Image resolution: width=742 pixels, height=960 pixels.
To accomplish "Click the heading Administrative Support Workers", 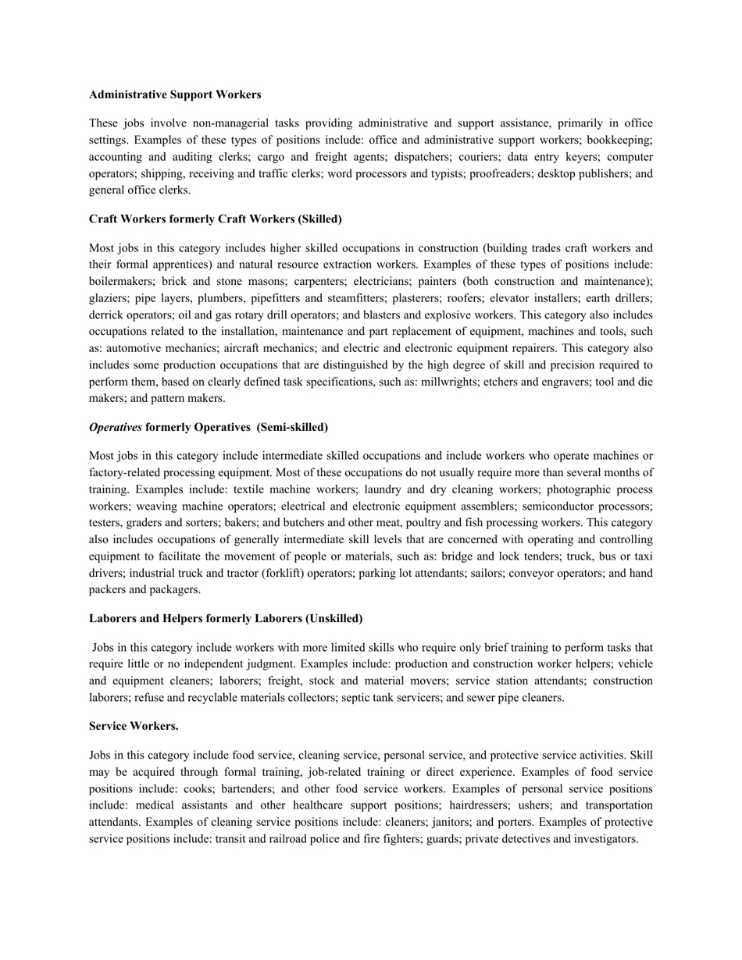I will coord(175,94).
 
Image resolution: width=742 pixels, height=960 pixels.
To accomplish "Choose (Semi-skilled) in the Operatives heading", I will coord(292,427).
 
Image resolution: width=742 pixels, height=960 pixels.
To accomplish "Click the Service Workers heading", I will coord(134,726).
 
